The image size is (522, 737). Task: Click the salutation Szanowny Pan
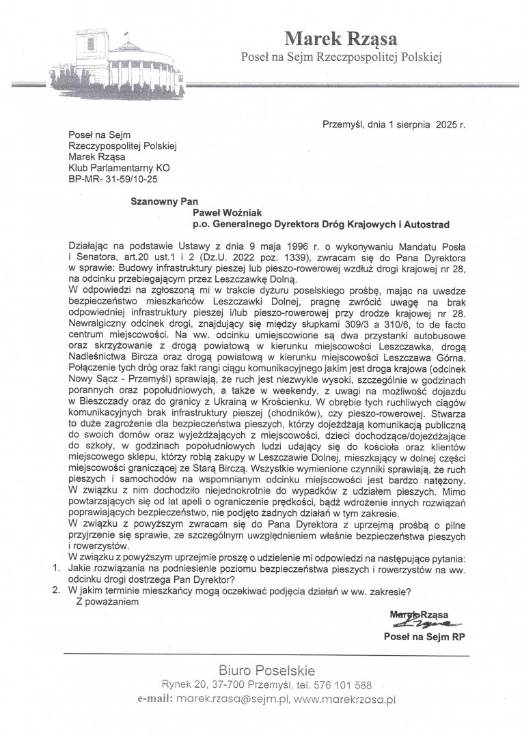pos(161,203)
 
